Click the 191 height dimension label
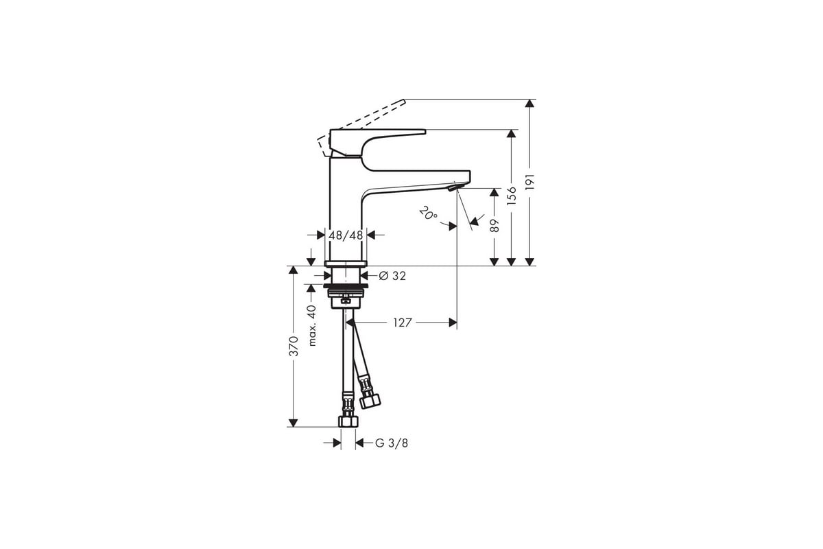pos(529,182)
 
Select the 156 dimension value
pos(511,196)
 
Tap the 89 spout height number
pos(494,226)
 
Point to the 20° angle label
pos(428,213)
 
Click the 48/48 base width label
pos(346,235)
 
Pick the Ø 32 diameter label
pos(392,276)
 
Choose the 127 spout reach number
pos(403,323)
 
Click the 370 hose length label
pos(294,346)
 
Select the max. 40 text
pos(311,325)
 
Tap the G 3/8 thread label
pos(392,443)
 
